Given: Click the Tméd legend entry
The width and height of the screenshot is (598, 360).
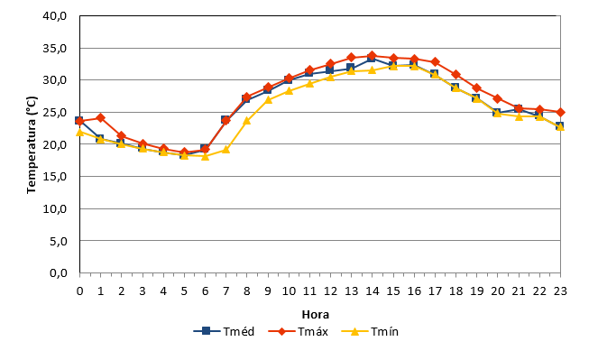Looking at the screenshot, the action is [x=224, y=331].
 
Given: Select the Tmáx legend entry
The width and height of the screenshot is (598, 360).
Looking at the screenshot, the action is [x=299, y=331].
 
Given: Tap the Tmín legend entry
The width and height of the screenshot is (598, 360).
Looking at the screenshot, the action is [x=370, y=331].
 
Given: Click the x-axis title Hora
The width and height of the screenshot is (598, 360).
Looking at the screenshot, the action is [x=316, y=315].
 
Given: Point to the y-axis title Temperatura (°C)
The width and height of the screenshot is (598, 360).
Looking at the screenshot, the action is [x=32, y=145].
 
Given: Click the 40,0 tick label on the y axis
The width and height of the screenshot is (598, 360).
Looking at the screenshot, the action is [x=55, y=16].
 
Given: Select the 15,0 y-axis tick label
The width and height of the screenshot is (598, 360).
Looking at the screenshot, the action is [x=55, y=177].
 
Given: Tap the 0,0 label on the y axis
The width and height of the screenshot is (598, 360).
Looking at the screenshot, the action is [x=59, y=273].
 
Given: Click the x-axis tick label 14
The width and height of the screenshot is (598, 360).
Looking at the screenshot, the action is [x=373, y=291].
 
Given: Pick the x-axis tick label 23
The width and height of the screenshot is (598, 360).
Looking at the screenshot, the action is [x=560, y=291].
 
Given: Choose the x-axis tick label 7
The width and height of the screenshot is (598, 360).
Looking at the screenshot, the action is [x=225, y=291].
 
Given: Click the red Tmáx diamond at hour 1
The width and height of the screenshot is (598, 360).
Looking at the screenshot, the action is [x=101, y=117].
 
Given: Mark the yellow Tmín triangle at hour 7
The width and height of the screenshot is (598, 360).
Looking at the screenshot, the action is [x=225, y=149].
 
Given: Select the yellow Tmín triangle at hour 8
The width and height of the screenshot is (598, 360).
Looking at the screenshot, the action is [x=247, y=121].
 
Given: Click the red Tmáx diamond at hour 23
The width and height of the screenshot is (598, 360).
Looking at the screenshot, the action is [x=560, y=113].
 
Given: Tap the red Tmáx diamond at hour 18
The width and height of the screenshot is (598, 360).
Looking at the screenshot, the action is [x=455, y=74].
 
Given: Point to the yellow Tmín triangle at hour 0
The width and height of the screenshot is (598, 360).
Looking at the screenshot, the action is [x=79, y=132].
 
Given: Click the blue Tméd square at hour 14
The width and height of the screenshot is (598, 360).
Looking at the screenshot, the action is [x=372, y=59].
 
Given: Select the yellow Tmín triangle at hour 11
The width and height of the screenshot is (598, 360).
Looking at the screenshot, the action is [x=309, y=83].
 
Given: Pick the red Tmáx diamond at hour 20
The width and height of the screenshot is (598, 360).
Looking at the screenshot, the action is [x=498, y=98].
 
